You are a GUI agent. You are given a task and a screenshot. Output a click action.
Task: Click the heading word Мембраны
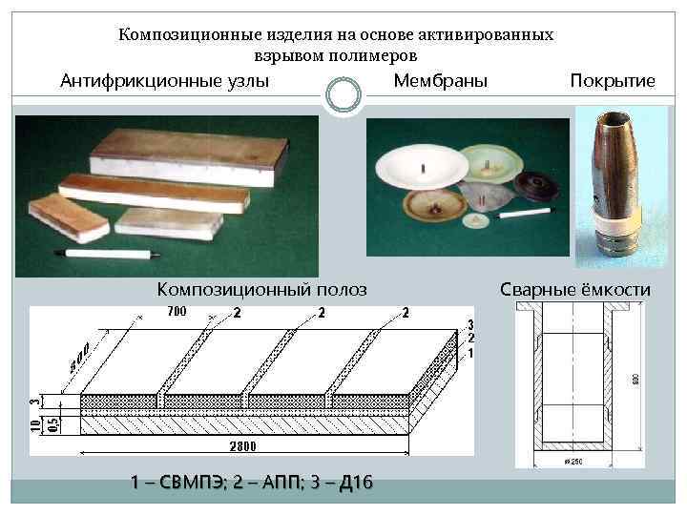click(x=440, y=81)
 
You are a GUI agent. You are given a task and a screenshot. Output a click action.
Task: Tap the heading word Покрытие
click(x=613, y=81)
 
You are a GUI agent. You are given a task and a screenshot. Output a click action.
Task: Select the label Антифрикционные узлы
click(x=165, y=81)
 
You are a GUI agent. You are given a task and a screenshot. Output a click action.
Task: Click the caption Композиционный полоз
click(x=262, y=290)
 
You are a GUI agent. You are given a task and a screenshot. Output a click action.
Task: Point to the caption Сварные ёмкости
click(x=576, y=290)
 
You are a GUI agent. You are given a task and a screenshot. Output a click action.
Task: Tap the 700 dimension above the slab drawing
click(x=177, y=313)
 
